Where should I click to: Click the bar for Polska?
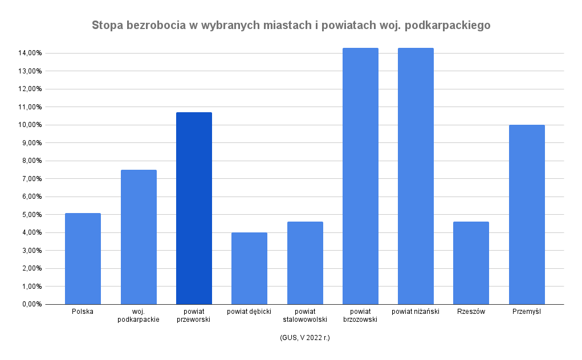pos(83,259)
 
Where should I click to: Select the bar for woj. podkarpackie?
pos(139,237)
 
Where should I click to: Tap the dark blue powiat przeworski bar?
pos(194,208)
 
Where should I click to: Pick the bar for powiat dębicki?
pos(249,268)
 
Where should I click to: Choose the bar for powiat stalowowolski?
pos(305,263)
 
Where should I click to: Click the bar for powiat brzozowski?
pos(360,176)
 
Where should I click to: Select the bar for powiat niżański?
pos(416,176)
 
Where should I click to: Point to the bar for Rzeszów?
pos(471,263)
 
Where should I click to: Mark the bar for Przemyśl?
pos(527,215)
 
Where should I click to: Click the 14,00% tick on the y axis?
pos(30,53)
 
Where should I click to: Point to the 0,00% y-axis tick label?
pos(31,304)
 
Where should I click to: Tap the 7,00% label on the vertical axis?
pos(31,179)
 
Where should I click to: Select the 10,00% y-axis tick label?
pos(30,125)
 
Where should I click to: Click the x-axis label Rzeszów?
pos(471,312)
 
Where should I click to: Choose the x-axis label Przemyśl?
pos(527,312)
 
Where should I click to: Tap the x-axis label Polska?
pos(83,312)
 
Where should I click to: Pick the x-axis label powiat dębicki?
pos(249,312)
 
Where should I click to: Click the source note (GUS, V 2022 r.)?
pos(305,338)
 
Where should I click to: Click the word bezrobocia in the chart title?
pos(153,26)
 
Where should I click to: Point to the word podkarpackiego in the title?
pos(452,26)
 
